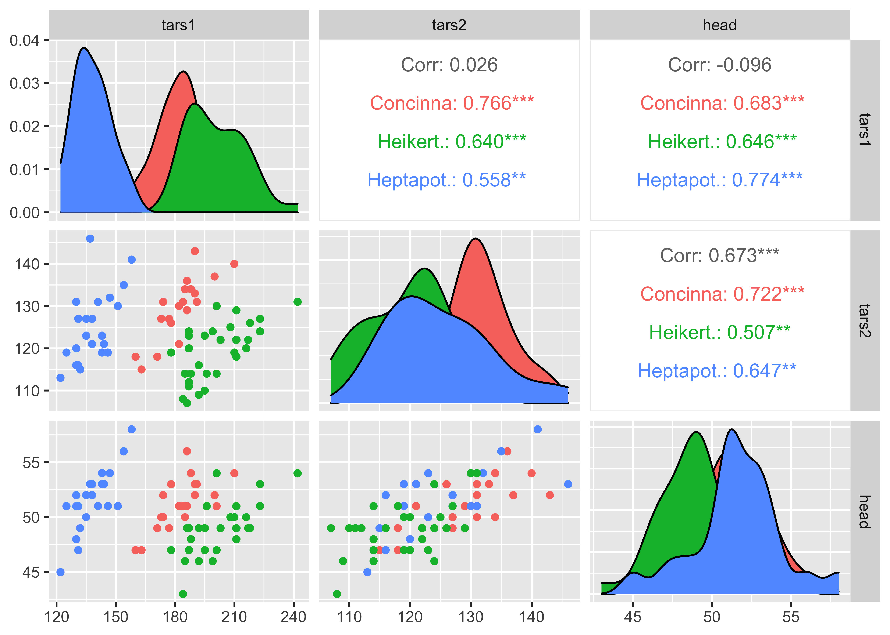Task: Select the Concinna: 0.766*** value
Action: pos(452,103)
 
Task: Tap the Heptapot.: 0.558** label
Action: pos(446,180)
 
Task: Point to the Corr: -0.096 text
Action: pos(719,65)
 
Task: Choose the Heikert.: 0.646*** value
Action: pos(722,142)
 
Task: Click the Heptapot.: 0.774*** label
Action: pos(719,180)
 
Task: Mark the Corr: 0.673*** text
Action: pos(719,256)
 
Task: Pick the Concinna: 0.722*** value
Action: pos(722,294)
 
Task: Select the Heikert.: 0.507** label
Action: pos(719,332)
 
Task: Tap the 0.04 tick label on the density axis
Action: pos(24,40)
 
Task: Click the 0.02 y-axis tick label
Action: pos(24,127)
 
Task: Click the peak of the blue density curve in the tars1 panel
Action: pos(84,48)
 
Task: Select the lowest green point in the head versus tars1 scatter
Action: pos(183,594)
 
